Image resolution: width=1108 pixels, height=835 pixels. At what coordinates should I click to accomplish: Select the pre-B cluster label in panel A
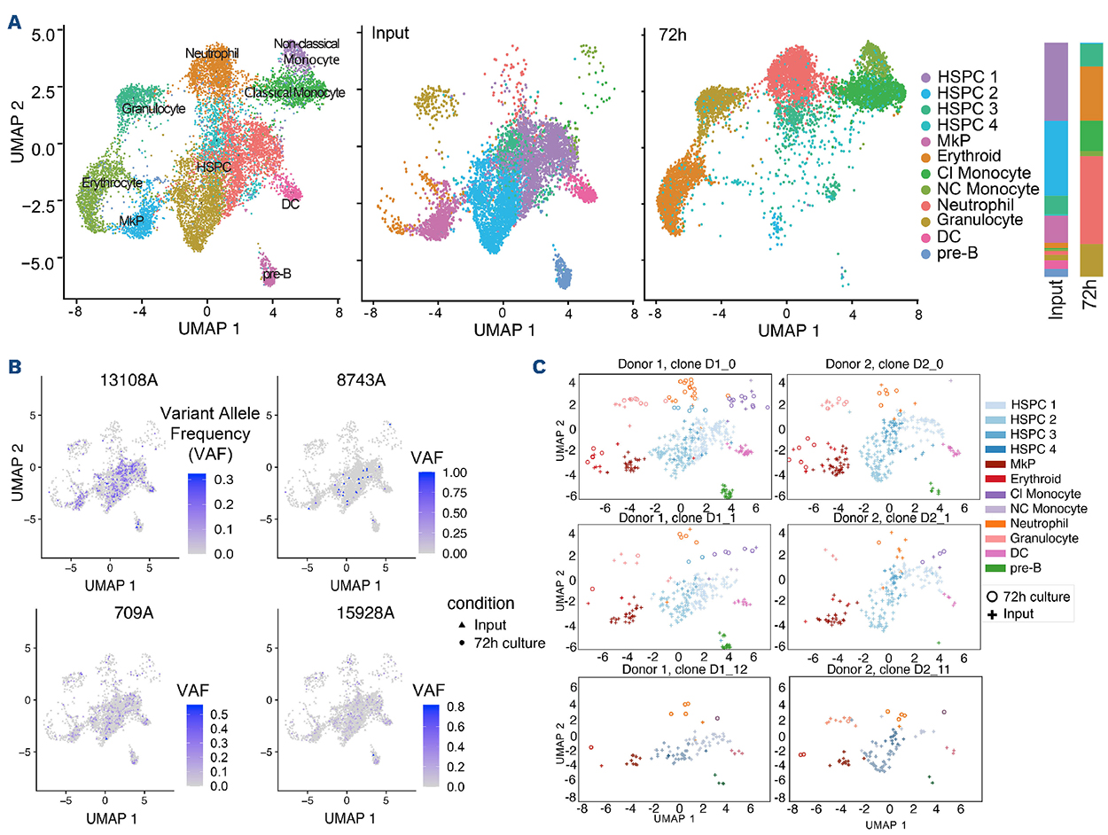click(277, 274)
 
